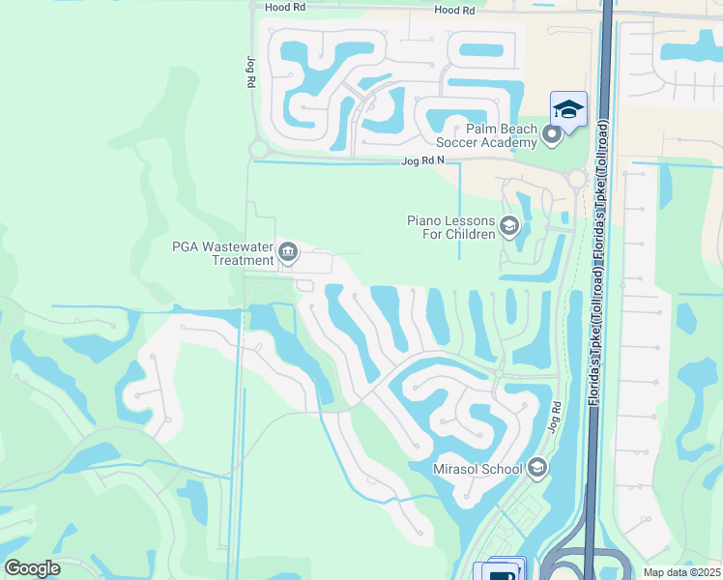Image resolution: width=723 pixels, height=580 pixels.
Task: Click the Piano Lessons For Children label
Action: (x=451, y=227)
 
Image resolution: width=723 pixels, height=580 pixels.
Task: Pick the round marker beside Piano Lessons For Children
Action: (x=509, y=227)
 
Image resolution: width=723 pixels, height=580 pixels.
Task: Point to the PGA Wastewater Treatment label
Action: (x=222, y=253)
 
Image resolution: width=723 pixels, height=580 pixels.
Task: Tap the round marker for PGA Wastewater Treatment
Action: (x=288, y=253)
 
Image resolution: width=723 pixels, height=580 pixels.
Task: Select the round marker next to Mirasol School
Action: (x=536, y=469)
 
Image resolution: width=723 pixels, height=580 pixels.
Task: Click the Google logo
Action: (x=33, y=568)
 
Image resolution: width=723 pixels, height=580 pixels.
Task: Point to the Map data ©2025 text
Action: (x=680, y=572)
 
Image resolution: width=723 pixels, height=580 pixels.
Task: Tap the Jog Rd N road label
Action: (x=422, y=162)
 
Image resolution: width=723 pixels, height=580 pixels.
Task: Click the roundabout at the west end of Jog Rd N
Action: (x=257, y=150)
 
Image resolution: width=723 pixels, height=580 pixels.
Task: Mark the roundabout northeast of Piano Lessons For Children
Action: (x=577, y=178)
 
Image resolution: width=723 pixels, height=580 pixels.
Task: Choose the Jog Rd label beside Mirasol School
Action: (x=555, y=418)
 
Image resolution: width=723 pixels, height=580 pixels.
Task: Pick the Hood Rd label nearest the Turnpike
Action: (x=455, y=10)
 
